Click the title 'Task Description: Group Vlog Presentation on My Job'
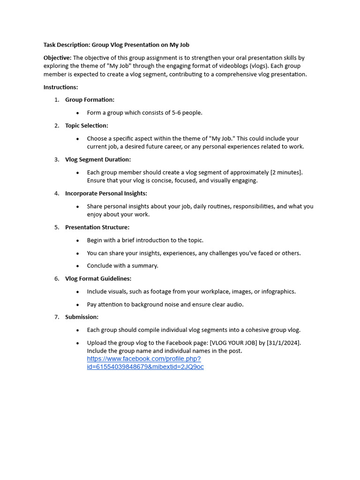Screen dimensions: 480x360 coord(116,45)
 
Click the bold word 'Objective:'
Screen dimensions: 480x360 coord(58,58)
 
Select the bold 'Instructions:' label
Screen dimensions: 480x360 coord(61,87)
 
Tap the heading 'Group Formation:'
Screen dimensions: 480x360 coord(90,100)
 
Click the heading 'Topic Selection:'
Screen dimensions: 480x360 coord(87,126)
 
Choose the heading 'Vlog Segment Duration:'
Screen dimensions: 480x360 coord(98,159)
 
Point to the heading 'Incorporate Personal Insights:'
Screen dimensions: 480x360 coord(106,193)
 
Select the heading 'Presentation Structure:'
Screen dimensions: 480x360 coord(97,227)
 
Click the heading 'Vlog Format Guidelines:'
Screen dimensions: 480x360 coord(98,278)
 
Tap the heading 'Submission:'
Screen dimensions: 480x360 coord(82,317)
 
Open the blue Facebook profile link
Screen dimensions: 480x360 coord(145,363)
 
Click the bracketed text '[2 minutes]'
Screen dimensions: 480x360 coord(286,172)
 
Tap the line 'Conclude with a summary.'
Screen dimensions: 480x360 coord(122,266)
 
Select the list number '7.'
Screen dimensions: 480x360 coord(57,317)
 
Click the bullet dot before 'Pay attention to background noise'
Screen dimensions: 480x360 coord(78,305)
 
